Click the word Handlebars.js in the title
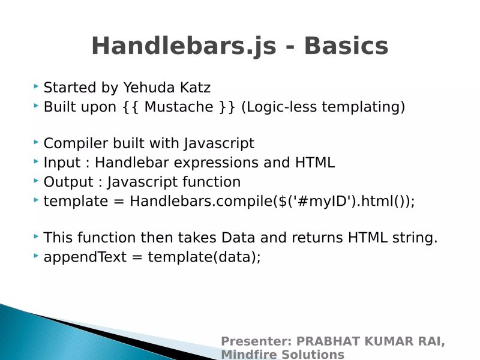pyautogui.click(x=182, y=47)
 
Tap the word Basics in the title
pyautogui.click(x=346, y=47)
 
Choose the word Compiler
pyautogui.click(x=79, y=144)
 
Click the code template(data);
pyautogui.click(x=204, y=257)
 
